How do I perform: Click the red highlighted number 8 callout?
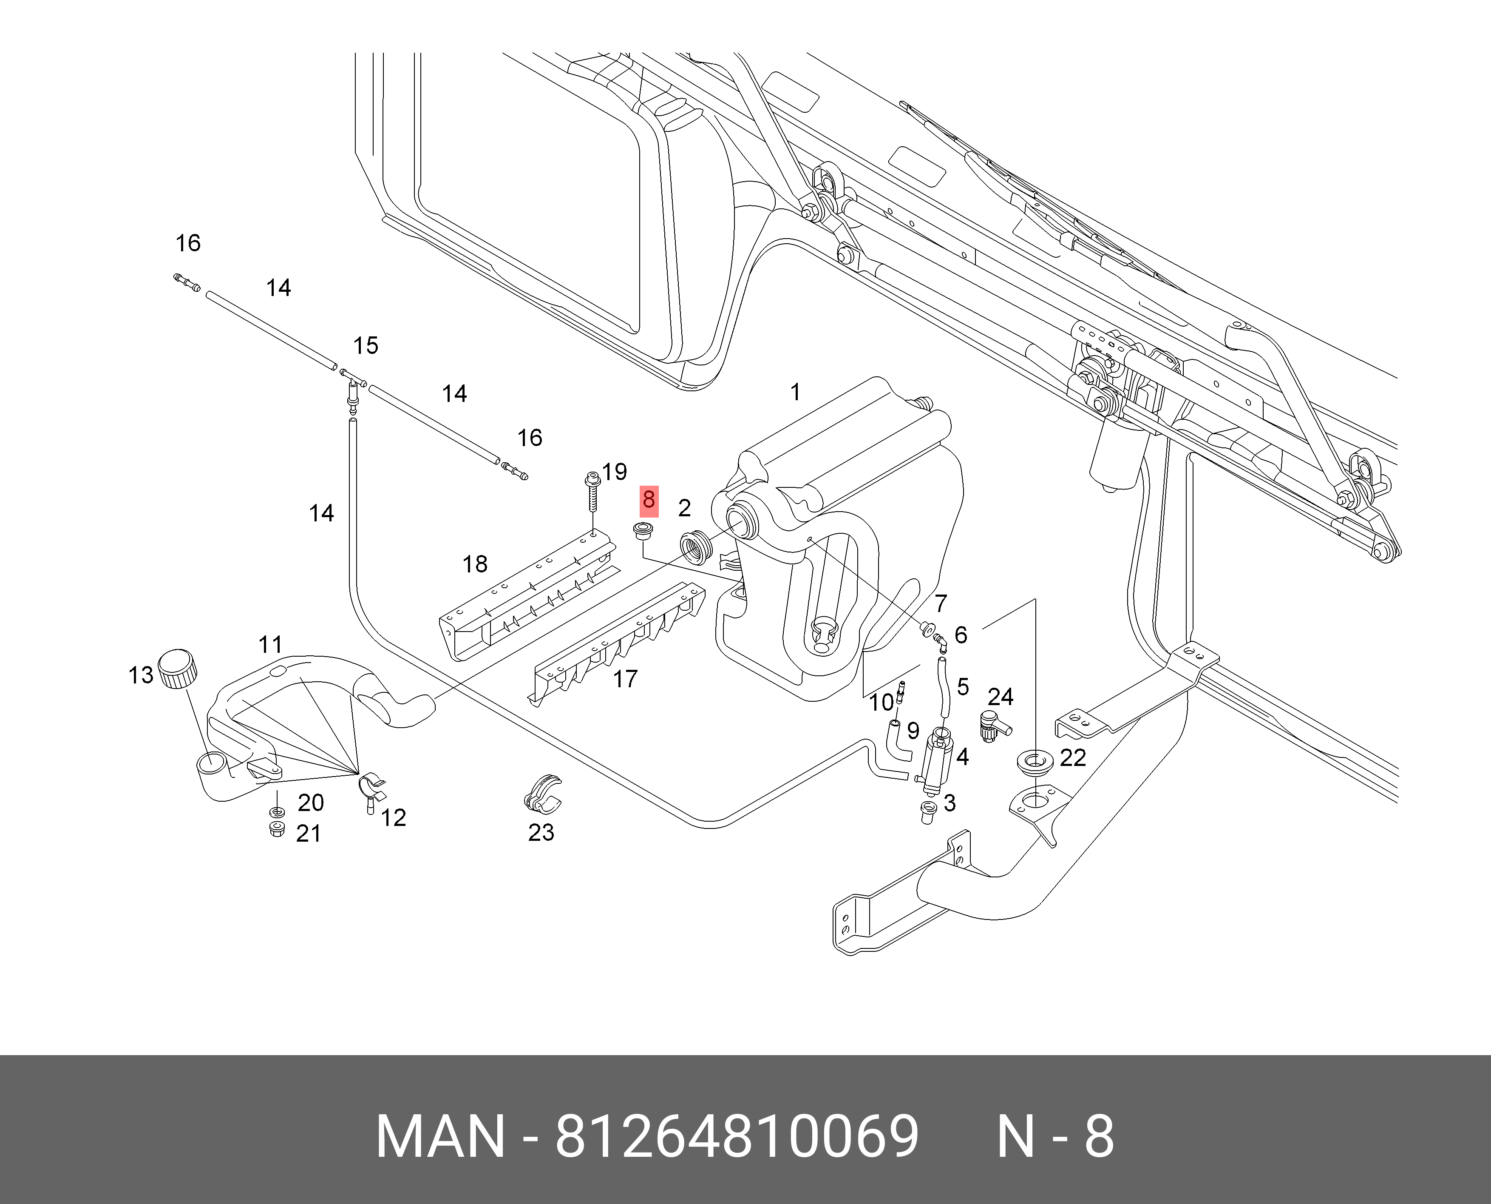[648, 500]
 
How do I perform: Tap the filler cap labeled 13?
[178, 669]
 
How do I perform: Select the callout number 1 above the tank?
[796, 393]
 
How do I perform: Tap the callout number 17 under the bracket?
[624, 679]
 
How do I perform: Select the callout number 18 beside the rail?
[475, 564]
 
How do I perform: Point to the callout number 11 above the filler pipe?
[270, 645]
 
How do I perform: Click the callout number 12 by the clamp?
[393, 818]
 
